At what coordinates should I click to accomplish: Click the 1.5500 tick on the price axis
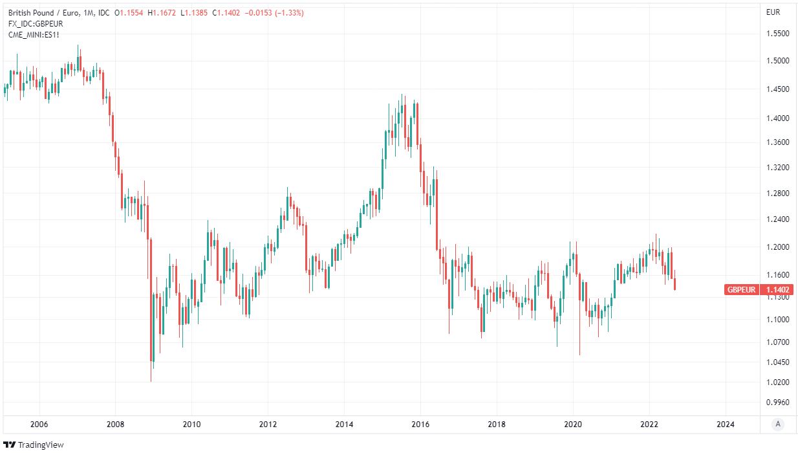pyautogui.click(x=777, y=34)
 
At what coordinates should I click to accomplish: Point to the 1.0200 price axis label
pyautogui.click(x=777, y=382)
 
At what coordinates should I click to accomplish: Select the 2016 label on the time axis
pyautogui.click(x=420, y=425)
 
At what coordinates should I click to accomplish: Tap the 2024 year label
pyautogui.click(x=726, y=425)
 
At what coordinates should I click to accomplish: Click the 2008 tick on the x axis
pyautogui.click(x=115, y=425)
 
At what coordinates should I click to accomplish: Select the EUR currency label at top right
pyautogui.click(x=773, y=12)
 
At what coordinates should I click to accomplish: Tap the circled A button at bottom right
pyautogui.click(x=779, y=424)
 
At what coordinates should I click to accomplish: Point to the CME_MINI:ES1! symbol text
pyautogui.click(x=34, y=34)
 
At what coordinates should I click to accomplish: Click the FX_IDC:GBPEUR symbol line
pyautogui.click(x=36, y=23)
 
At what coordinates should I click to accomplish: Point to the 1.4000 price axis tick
pyautogui.click(x=777, y=118)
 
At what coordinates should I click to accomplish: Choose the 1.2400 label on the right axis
pyautogui.click(x=777, y=220)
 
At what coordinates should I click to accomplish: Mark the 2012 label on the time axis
pyautogui.click(x=268, y=425)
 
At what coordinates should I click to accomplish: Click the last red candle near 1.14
pyautogui.click(x=675, y=285)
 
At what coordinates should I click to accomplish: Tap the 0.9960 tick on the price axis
pyautogui.click(x=777, y=403)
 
